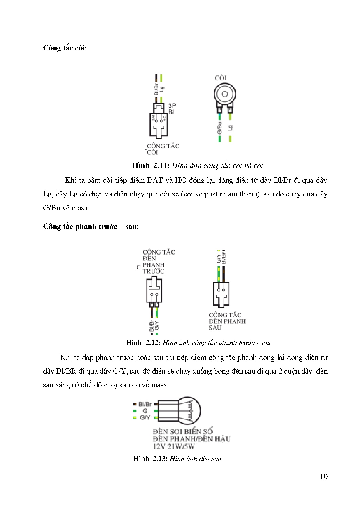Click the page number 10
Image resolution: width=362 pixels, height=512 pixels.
[323, 476]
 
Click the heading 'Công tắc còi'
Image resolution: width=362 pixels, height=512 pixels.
[65, 48]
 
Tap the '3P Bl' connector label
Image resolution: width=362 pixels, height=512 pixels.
[172, 109]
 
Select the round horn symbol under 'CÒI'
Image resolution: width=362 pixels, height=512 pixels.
[224, 94]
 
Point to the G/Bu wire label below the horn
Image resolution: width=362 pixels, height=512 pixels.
[220, 128]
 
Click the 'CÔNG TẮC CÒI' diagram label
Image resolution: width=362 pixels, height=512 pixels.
[162, 149]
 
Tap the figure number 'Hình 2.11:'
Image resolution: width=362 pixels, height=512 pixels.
[151, 166]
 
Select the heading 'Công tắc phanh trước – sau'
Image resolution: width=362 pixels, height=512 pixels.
[90, 227]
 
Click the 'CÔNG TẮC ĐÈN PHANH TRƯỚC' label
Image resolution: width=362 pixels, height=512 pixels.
[158, 262]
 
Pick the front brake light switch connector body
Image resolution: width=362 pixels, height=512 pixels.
[154, 290]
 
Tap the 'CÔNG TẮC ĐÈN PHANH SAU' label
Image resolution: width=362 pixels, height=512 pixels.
[227, 321]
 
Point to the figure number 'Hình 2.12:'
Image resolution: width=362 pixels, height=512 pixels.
[143, 343]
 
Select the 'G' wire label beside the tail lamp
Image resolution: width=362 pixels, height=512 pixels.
[145, 411]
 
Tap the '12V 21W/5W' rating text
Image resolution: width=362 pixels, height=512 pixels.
[174, 446]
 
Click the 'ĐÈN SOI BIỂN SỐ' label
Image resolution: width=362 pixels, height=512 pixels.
[182, 432]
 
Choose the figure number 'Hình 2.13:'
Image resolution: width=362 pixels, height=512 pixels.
[150, 459]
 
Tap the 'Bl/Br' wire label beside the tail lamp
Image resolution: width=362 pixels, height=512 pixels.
[145, 404]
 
